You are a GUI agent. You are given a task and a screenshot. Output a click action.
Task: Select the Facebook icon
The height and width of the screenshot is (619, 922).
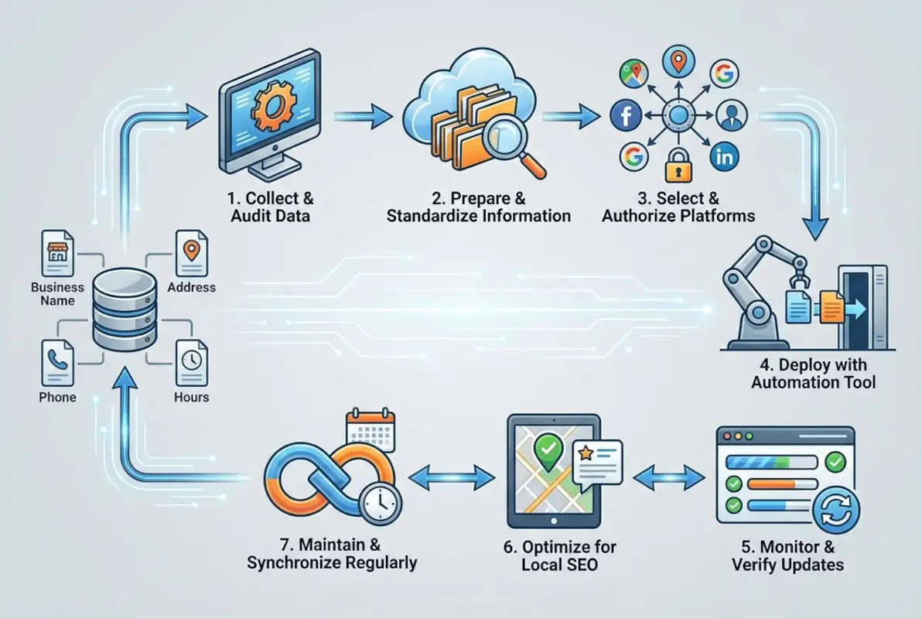point(626,116)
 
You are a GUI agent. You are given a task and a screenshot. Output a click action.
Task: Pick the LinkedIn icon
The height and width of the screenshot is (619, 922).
point(725,157)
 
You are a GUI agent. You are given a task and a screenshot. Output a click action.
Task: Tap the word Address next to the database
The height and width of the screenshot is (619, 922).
point(191,287)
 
